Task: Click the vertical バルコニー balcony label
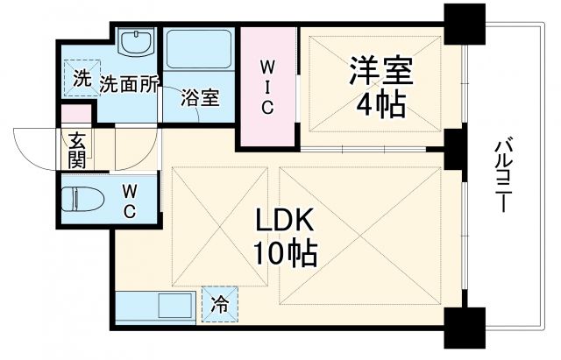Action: (x=504, y=175)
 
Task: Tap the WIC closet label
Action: (x=267, y=87)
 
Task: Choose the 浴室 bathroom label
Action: (x=200, y=97)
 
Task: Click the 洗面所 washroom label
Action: (x=129, y=83)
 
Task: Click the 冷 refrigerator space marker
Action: (x=219, y=305)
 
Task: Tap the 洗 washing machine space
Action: (x=82, y=76)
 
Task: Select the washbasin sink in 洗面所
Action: (x=135, y=42)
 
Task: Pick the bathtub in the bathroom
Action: (x=198, y=53)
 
